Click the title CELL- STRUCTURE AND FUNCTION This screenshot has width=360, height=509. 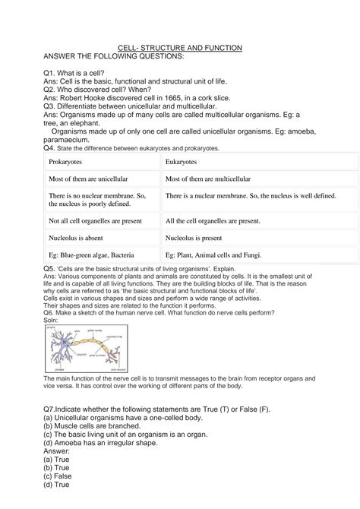[x=180, y=48]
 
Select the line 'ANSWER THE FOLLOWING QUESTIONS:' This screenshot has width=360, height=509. [x=113, y=56]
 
